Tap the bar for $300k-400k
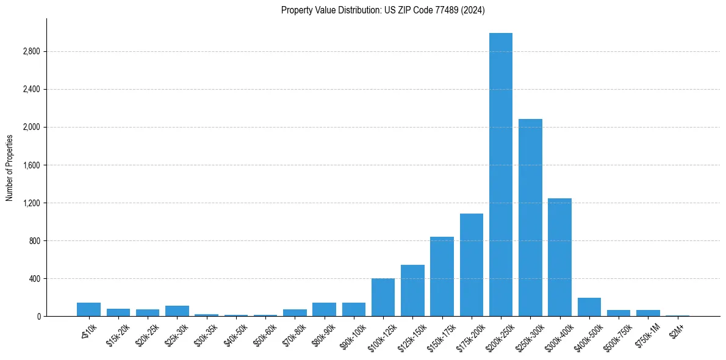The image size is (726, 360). point(559,257)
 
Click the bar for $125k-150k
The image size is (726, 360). point(412,290)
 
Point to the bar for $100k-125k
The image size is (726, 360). point(383,297)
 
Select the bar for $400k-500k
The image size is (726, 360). point(589,307)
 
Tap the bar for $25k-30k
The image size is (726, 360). point(177,311)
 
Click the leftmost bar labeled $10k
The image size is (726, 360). point(88,309)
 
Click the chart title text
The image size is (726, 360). point(383,10)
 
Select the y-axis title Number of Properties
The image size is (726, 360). point(10,167)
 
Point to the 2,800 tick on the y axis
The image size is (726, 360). point(31,51)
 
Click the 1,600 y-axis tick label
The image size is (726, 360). point(31,165)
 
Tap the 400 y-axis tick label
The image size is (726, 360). point(34,278)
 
